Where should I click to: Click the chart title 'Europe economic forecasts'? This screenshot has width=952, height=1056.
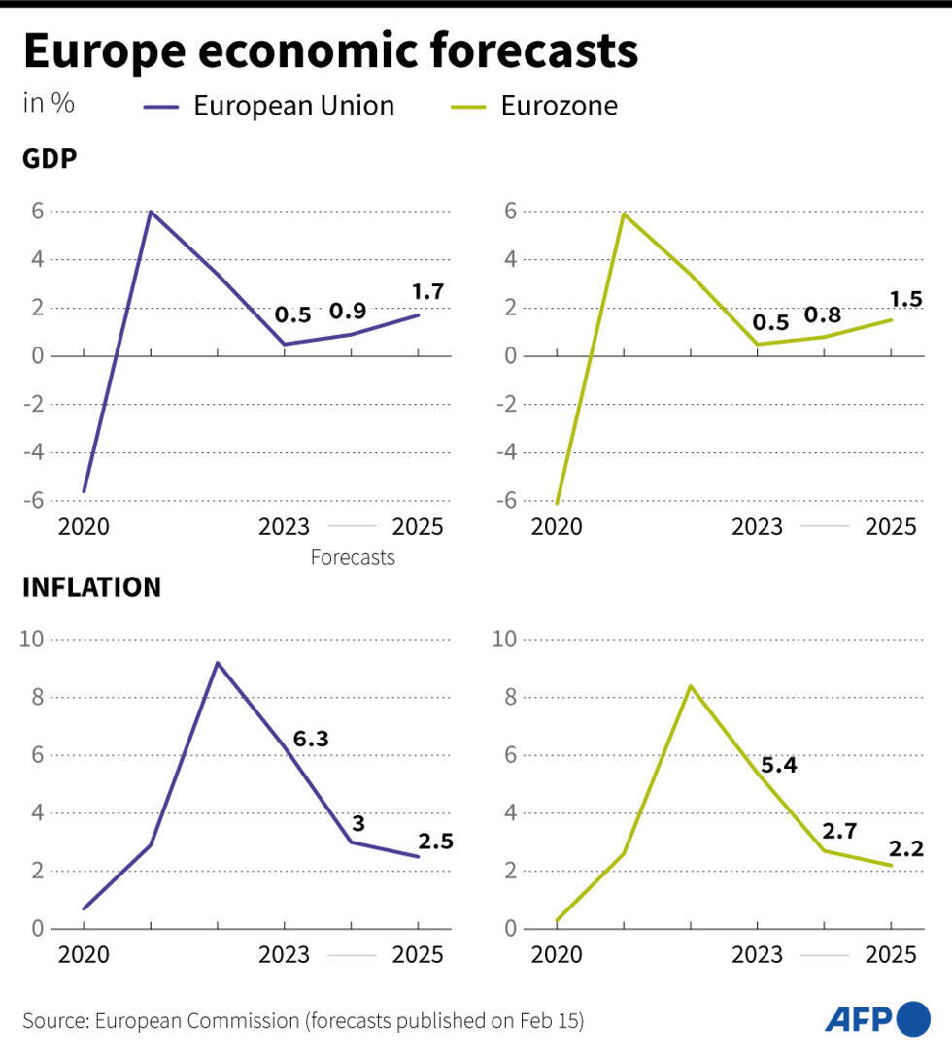[330, 51]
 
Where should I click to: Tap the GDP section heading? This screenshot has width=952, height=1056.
[50, 160]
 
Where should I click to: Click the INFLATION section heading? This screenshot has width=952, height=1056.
[91, 587]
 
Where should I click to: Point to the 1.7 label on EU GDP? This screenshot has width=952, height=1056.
[428, 290]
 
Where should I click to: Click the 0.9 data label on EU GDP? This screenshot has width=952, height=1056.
[348, 312]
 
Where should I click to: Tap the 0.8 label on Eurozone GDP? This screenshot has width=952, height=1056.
[822, 314]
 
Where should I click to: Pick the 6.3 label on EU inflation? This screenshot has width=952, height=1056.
[311, 739]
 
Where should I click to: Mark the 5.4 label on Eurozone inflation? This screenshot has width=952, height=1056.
[779, 765]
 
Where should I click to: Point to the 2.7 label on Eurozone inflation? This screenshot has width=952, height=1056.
[841, 830]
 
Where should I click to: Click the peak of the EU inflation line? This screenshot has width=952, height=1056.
[217, 663]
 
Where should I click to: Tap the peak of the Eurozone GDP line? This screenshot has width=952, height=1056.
[624, 214]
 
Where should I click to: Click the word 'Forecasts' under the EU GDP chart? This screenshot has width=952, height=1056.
[353, 558]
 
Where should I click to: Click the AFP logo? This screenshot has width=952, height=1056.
[877, 1018]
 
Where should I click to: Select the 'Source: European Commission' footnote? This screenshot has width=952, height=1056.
[303, 1020]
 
